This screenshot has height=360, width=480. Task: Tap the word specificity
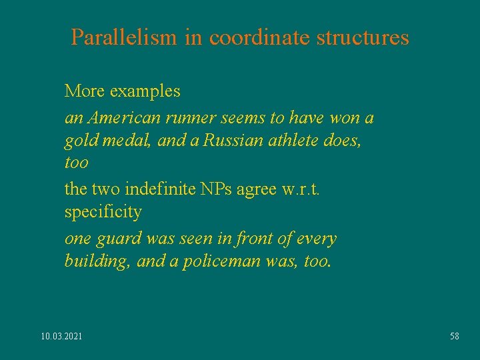pos(103,213)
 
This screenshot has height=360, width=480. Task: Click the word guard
pos(117,239)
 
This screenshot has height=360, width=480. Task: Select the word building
pos(97,261)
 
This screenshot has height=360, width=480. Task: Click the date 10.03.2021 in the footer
pos(61,336)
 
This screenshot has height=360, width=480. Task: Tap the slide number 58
pos(454,336)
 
